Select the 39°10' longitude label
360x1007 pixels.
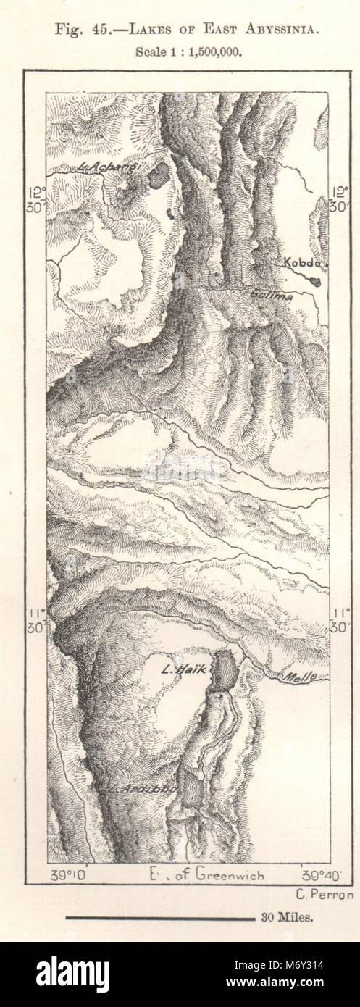71,874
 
